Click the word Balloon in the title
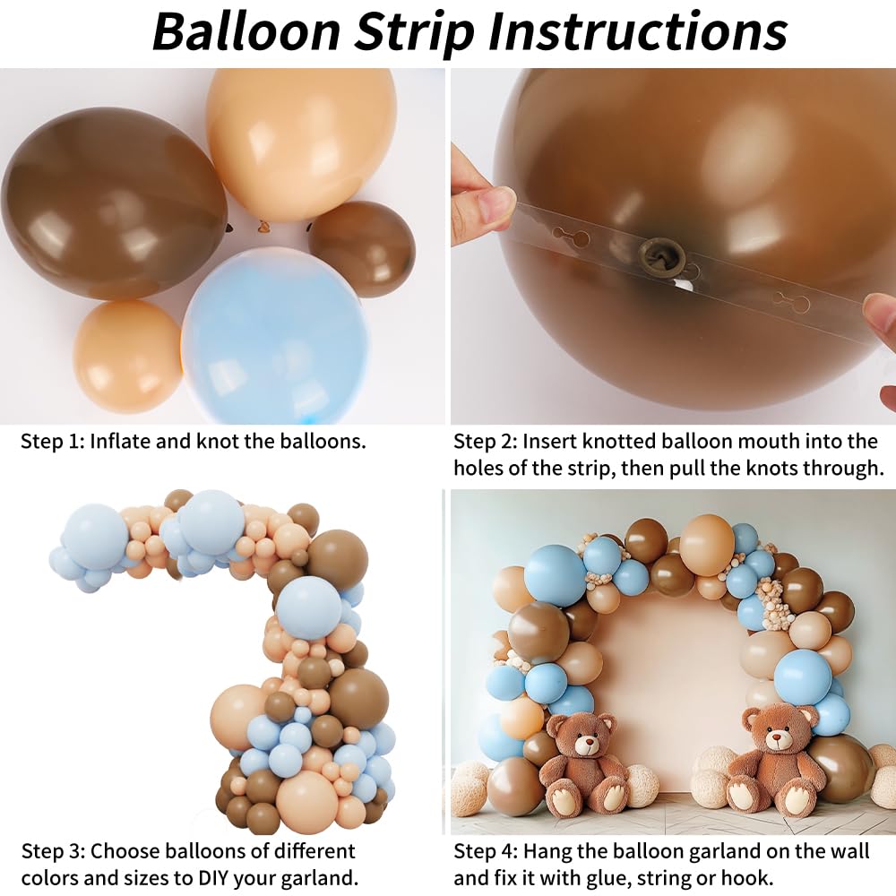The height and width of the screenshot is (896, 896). (244, 31)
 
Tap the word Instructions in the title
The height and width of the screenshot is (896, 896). (638, 31)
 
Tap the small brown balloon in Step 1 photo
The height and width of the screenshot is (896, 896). (362, 249)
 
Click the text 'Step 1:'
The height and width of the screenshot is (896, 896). (52, 442)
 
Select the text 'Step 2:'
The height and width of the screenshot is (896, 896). (485, 442)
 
